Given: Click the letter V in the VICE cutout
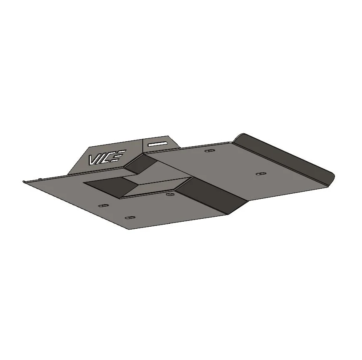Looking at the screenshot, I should click(x=93, y=160).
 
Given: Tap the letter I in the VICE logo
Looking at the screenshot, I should click(x=101, y=159).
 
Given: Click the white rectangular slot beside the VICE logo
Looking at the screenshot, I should click(x=159, y=143).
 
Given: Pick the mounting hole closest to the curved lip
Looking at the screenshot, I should click(x=261, y=173).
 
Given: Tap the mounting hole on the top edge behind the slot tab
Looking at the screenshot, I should click(x=210, y=150).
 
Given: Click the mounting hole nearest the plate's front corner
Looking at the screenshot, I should click(x=130, y=218).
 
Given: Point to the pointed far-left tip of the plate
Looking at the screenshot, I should click(x=23, y=181).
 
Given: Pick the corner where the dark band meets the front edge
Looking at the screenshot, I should click(x=228, y=214).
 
